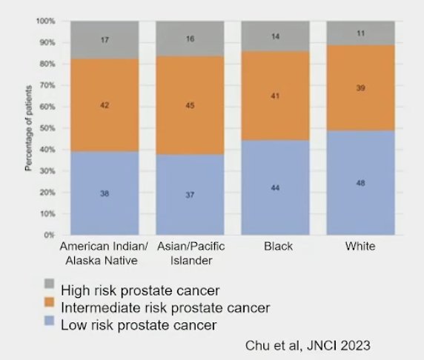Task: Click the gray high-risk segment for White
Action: coord(361,33)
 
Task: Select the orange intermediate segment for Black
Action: coord(275,96)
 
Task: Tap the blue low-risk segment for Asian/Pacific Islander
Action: coord(190,195)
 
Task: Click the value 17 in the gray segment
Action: coord(105,40)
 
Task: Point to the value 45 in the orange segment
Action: coord(190,105)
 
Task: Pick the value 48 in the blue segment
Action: coord(361,183)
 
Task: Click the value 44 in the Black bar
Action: coord(275,187)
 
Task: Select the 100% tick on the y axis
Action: coord(46,21)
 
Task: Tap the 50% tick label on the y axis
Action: coord(47,128)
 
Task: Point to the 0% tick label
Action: coord(50,235)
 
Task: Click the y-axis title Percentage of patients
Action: coord(29,128)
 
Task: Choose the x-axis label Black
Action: coord(278,246)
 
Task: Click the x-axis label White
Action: coord(360,246)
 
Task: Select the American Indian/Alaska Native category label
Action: coord(104,253)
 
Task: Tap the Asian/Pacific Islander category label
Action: coord(191,253)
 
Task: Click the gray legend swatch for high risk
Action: coord(49,284)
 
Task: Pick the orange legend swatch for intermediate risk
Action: coord(49,302)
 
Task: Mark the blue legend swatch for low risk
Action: coord(49,321)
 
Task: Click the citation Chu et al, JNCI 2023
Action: coord(308,346)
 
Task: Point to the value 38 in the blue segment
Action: coord(105,193)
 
